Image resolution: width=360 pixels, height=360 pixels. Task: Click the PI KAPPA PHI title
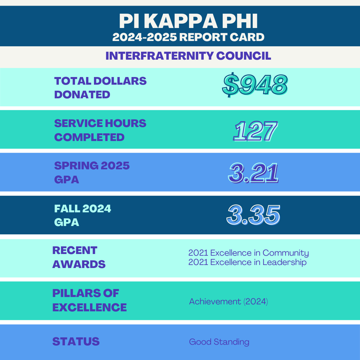click(188, 21)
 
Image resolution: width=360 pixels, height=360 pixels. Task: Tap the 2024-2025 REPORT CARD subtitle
click(188, 37)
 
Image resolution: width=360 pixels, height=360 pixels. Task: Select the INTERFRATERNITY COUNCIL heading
click(188, 56)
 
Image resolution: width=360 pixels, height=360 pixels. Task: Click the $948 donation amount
click(255, 85)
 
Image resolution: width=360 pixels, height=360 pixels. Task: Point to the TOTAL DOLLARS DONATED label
click(100, 88)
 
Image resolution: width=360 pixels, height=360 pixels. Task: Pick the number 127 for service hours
click(255, 131)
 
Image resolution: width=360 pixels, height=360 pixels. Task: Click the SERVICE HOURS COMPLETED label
click(100, 130)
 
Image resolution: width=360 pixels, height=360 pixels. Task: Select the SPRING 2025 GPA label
click(92, 172)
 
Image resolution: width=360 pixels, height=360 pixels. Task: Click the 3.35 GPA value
click(253, 216)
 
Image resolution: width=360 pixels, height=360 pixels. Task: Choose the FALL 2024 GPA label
click(83, 215)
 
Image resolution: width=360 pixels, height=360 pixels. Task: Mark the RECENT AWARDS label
click(79, 257)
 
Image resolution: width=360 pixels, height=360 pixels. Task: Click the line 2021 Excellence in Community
click(248, 253)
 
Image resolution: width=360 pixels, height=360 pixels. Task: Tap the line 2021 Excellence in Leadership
click(247, 262)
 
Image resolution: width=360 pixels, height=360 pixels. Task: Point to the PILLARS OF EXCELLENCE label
click(89, 300)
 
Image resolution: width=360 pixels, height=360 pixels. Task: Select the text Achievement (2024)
click(228, 302)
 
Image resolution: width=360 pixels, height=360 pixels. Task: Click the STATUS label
click(76, 342)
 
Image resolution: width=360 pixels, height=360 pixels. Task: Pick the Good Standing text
click(219, 342)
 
